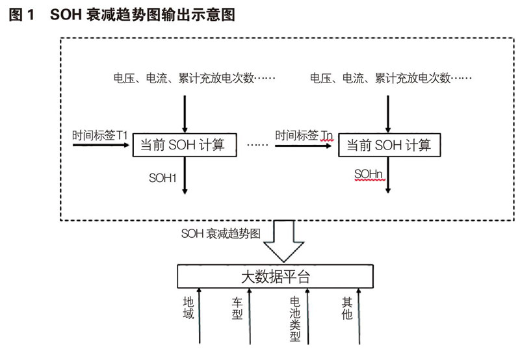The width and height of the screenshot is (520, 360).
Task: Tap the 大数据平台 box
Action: [x=276, y=277]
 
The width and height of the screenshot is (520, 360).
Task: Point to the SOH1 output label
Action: [x=163, y=177]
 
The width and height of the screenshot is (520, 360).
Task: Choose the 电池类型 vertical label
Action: [x=294, y=319]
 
